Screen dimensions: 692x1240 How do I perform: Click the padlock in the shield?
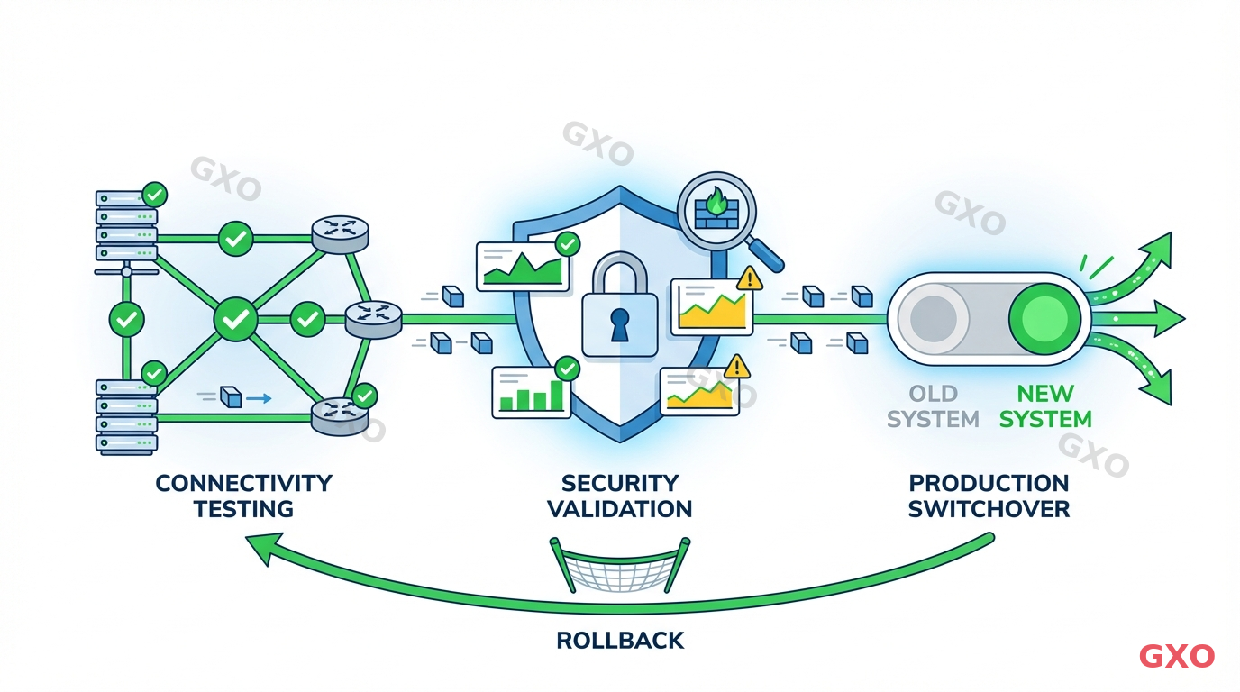click(621, 311)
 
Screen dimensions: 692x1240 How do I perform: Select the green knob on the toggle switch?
click(1044, 318)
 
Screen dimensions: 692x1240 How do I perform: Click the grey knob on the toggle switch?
click(934, 318)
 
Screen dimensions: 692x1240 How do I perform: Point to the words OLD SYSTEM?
click(933, 406)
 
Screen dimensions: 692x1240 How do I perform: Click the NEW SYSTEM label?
click(1045, 406)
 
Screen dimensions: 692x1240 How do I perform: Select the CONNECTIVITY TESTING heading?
click(243, 496)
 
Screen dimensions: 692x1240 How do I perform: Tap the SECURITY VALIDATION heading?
click(620, 496)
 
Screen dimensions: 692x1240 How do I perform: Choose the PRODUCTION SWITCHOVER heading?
click(989, 496)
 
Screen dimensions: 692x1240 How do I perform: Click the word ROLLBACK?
click(620, 641)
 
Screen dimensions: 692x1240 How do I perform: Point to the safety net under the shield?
click(620, 565)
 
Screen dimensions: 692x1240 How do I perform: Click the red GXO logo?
click(1176, 656)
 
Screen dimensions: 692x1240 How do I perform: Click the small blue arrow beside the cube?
click(260, 396)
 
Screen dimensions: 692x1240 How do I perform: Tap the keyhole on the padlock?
click(621, 325)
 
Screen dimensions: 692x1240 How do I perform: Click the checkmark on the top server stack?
click(155, 194)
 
